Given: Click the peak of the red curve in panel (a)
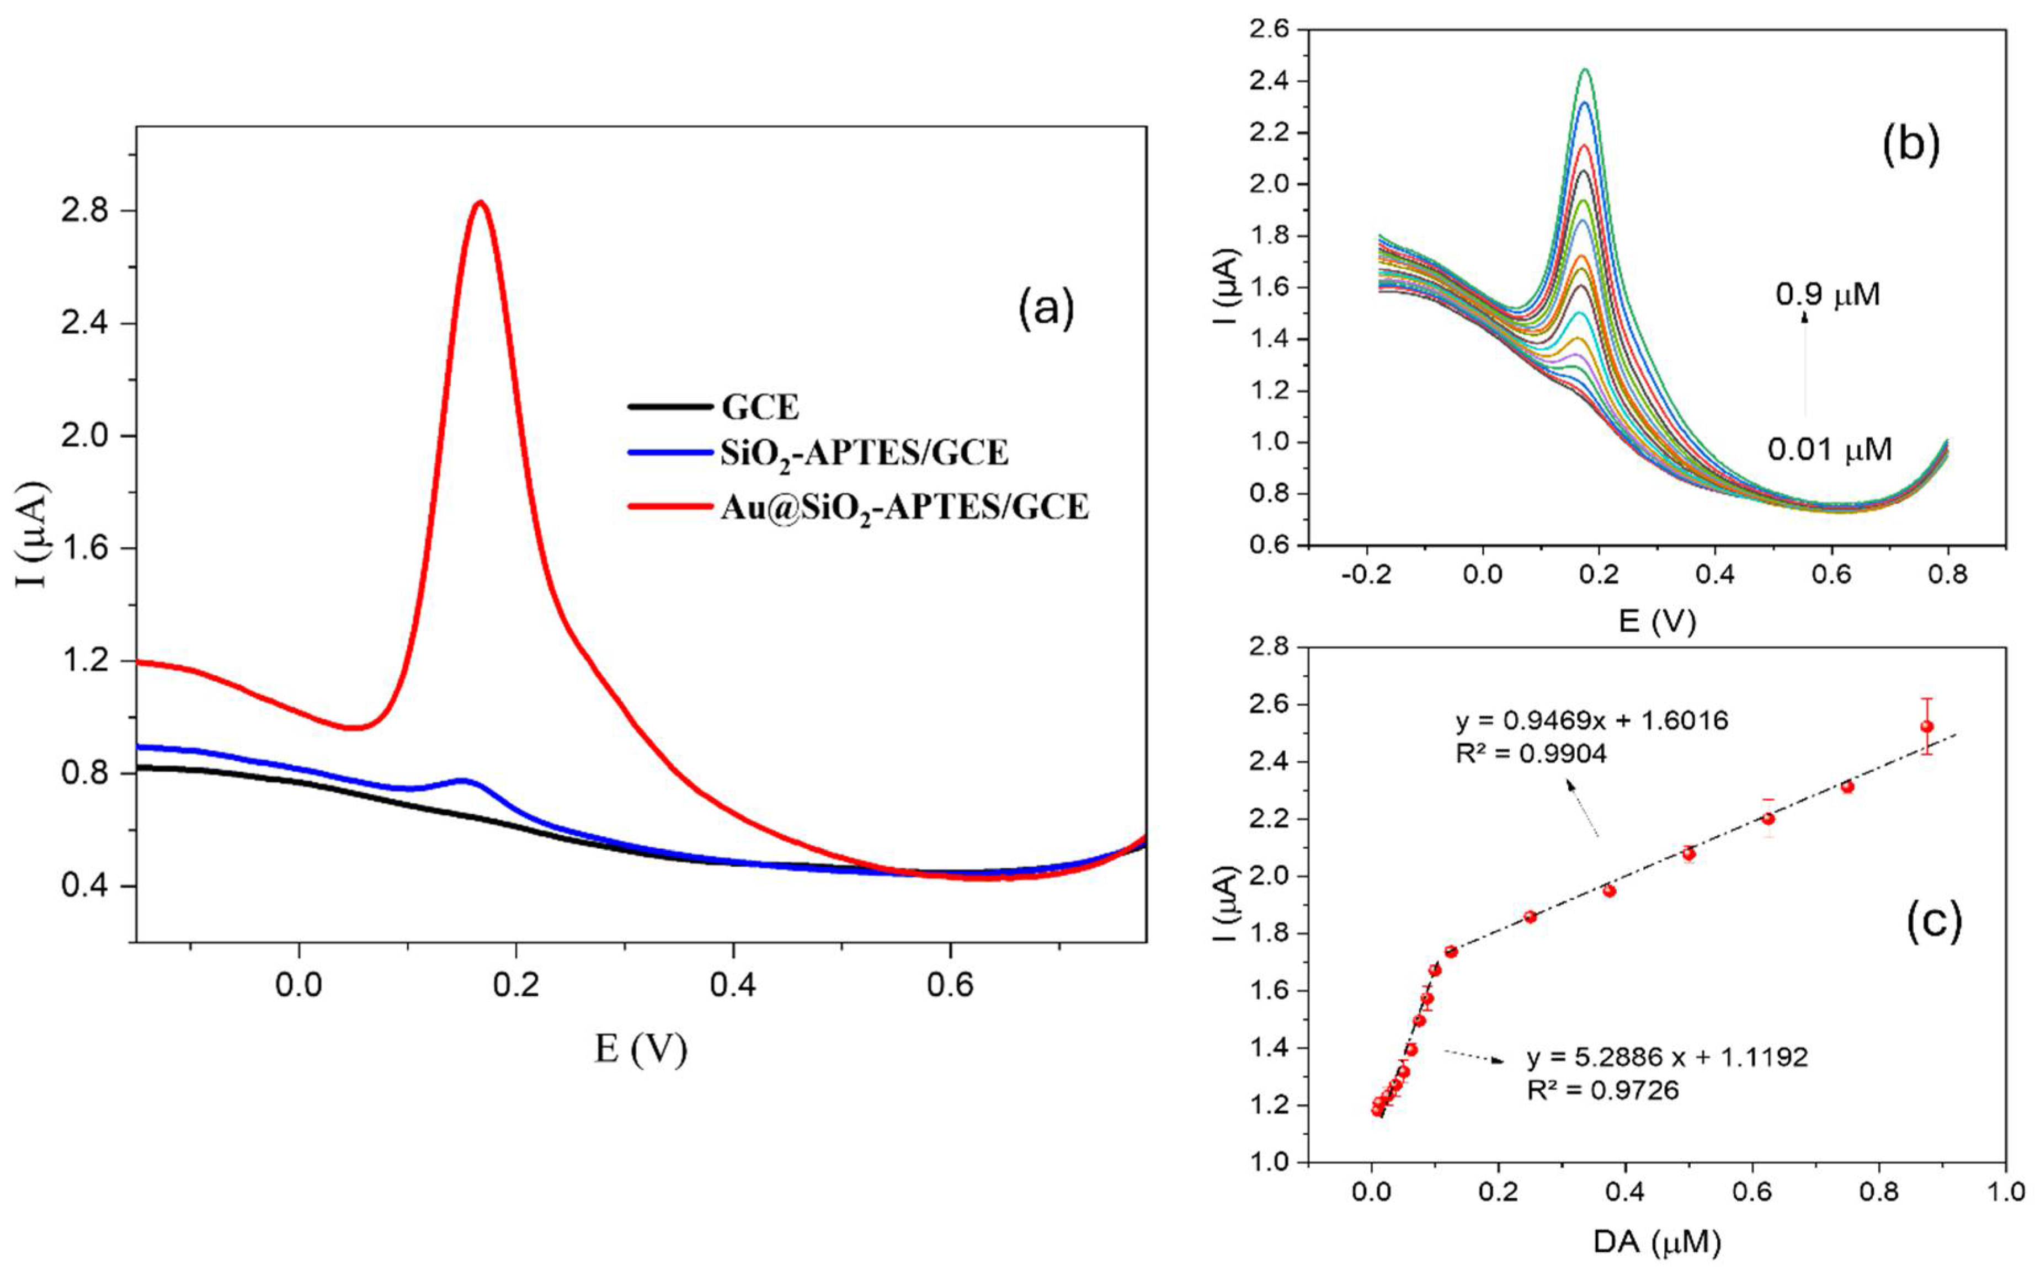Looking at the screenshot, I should point(480,202).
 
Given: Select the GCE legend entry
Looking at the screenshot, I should point(760,408).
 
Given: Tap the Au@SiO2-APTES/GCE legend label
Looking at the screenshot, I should point(904,507).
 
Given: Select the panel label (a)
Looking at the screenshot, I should point(1047,309).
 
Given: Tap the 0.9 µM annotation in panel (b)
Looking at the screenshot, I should point(1828,295).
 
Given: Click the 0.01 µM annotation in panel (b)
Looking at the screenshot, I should point(1830,450).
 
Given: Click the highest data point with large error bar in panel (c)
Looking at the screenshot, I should point(1926,727).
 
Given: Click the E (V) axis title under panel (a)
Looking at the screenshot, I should point(641,1049).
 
